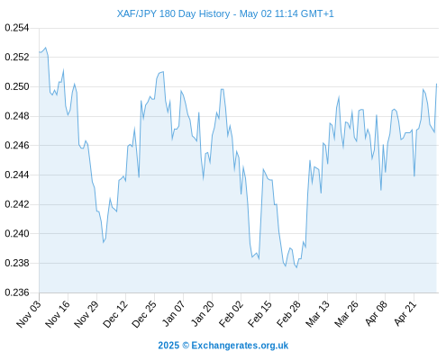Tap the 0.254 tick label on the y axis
coord(17,28)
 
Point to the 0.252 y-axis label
coord(17,57)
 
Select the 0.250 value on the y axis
coord(17,86)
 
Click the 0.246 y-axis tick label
coord(17,146)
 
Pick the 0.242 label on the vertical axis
coord(17,204)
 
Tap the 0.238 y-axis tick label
coord(17,263)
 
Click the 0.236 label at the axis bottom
coord(17,292)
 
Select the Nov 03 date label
coord(28,314)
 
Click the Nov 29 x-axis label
coord(86,314)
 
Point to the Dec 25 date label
coord(144,314)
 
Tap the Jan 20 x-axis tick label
coord(203,313)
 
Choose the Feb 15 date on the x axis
coord(259,313)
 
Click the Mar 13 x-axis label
coord(317,314)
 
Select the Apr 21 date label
coord(405,313)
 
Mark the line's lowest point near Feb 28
coord(296,267)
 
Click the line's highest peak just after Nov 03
coord(46,48)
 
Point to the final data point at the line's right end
coord(437,84)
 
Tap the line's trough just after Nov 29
coord(104,242)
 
